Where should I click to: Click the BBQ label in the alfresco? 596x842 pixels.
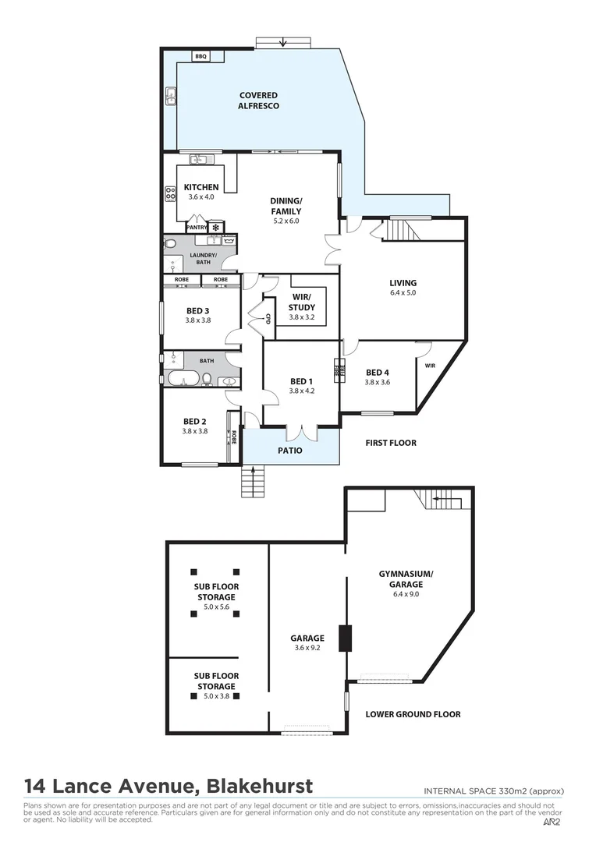point(200,57)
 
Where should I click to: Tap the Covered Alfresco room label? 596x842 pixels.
point(258,101)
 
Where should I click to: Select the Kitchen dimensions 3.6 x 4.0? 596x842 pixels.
point(200,197)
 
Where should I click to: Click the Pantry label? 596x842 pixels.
point(197,228)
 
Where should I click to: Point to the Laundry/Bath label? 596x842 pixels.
point(203,258)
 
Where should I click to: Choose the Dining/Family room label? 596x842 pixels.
point(286,206)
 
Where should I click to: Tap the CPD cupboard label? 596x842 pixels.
point(268,319)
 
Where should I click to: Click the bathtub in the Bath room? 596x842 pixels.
point(185,380)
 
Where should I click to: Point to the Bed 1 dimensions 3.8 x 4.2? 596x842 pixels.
point(301,391)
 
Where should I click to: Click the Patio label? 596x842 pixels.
point(289,451)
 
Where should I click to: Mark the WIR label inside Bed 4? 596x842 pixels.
point(430,365)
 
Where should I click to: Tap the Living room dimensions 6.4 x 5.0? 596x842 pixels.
point(403,293)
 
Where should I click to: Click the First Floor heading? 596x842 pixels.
point(391,443)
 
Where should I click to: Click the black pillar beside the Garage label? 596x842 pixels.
point(344,638)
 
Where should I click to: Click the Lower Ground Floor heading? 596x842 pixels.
point(413,714)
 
